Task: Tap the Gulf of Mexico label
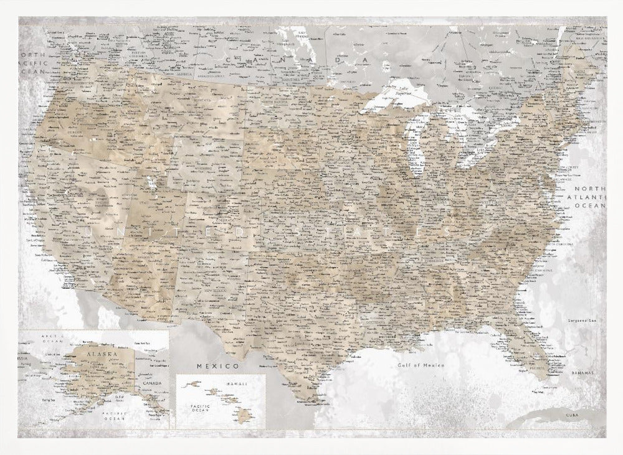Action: (x=421, y=365)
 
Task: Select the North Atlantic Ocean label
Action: (x=589, y=196)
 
